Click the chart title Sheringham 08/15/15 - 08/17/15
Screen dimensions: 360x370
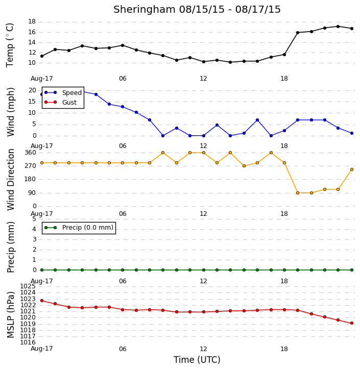197,9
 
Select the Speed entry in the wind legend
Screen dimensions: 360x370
63,92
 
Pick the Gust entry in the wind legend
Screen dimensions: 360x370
60,102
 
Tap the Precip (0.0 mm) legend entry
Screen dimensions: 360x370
79,228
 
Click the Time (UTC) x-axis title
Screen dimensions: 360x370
197,360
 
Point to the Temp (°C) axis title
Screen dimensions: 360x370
10,45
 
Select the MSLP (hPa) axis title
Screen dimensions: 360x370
10,315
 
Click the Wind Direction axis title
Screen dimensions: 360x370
10,179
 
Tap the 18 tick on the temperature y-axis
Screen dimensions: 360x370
32,21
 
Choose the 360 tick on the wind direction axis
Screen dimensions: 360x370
30,153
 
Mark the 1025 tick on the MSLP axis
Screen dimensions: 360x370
28,286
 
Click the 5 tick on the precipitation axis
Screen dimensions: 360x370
34,219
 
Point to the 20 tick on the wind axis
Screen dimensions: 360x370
32,90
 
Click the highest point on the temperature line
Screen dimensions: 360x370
338,27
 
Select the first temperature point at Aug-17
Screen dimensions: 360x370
42,56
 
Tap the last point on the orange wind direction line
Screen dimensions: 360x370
352,169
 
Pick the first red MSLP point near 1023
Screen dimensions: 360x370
42,301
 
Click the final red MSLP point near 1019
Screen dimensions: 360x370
352,323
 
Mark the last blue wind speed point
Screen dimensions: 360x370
352,133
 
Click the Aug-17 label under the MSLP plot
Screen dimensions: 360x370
42,349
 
